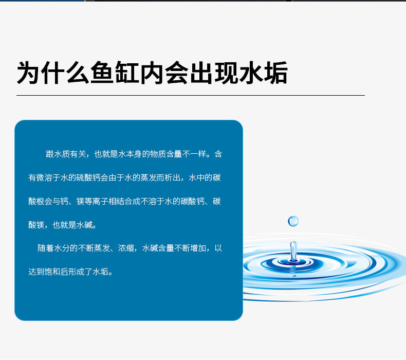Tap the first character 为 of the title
28,73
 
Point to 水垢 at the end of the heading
263,73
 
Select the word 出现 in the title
214,73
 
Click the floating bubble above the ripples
293,221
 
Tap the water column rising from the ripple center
293,251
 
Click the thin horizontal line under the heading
191,95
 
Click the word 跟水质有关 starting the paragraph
66,154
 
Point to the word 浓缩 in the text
126,248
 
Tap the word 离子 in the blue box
100,202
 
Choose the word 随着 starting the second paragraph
46,248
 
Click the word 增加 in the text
198,248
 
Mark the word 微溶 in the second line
44,178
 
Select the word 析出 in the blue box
172,178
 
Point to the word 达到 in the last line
36,272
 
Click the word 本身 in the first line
134,154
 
